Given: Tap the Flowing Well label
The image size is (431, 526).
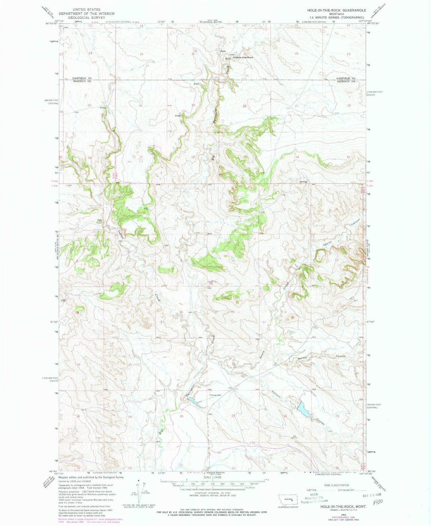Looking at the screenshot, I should [215, 395].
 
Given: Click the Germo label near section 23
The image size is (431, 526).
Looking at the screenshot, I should [302, 358].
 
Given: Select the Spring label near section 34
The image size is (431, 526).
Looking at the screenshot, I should [303, 182].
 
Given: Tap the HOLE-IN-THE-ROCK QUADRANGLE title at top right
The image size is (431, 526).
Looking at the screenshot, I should [337, 10].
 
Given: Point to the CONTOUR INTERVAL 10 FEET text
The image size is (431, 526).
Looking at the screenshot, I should [212, 493].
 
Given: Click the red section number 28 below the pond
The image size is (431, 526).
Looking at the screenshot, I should [181, 416].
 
